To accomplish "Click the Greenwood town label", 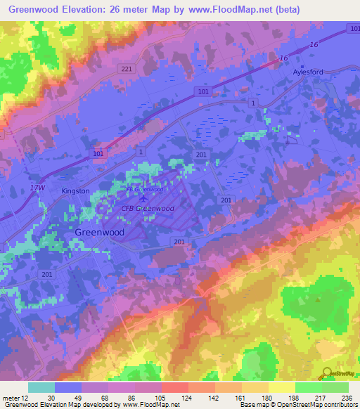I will (x=99, y=231).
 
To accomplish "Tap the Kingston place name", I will (x=75, y=190).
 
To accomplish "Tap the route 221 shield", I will (x=126, y=68).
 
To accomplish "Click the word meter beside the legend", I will (x=11, y=397).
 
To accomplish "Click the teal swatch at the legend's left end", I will (x=41, y=387).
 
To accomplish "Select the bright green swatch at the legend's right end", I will (x=335, y=387).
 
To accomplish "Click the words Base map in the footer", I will (x=251, y=404).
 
